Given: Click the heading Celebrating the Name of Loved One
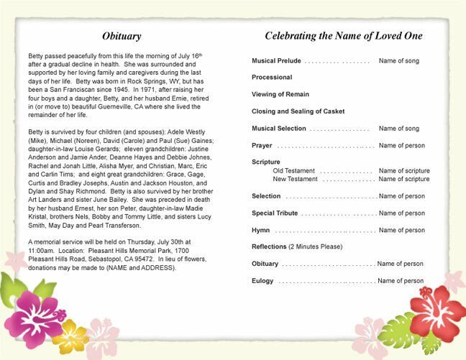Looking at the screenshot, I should pos(343,35).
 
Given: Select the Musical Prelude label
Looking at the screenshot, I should pos(276,61).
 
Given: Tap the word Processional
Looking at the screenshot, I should pos(272,77).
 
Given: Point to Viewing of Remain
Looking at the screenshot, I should pos(280,94).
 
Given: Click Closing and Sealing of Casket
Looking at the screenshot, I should pos(298,111).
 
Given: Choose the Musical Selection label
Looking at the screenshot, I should pos(279,128).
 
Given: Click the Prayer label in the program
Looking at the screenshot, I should pos(262,145).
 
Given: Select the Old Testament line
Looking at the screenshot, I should pos(295,170).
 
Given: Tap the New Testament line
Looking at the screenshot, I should pos(296,178).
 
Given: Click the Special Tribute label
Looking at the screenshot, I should pos(275,213).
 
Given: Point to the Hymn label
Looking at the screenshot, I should pos(261,230).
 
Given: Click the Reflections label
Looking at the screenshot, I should pos(269,246).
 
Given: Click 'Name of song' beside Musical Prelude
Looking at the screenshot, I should pos(398,61).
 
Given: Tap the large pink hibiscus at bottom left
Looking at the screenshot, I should pos(34,317).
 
